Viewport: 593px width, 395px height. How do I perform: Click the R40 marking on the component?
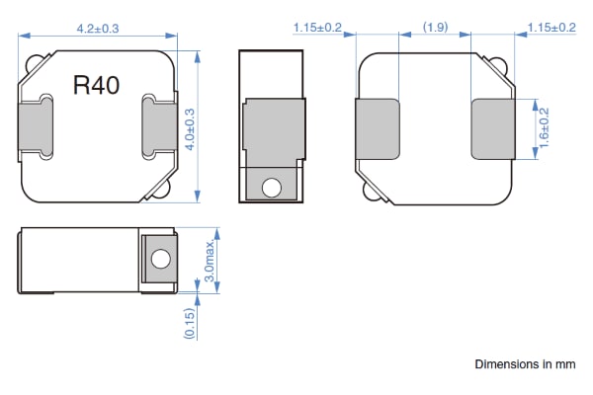[97, 86]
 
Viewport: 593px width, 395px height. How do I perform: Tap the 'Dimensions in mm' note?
[524, 364]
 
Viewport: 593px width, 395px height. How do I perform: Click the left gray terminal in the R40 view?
[36, 125]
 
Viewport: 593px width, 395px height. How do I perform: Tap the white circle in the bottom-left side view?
[158, 261]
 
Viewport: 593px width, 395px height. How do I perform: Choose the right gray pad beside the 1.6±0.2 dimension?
[491, 128]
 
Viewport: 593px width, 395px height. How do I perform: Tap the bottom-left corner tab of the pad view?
[371, 193]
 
